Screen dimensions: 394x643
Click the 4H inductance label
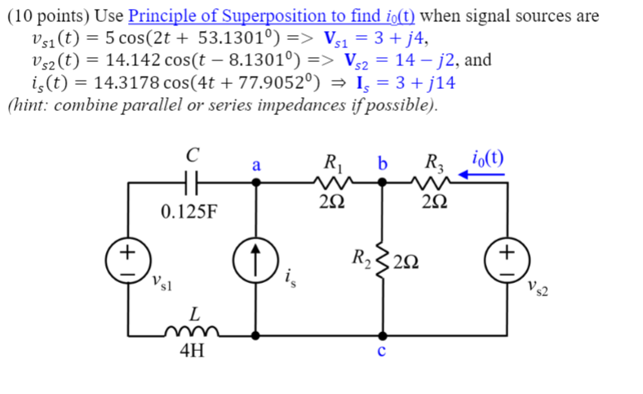(x=193, y=354)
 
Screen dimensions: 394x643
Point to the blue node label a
(x=255, y=165)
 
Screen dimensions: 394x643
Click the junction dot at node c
(x=382, y=334)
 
